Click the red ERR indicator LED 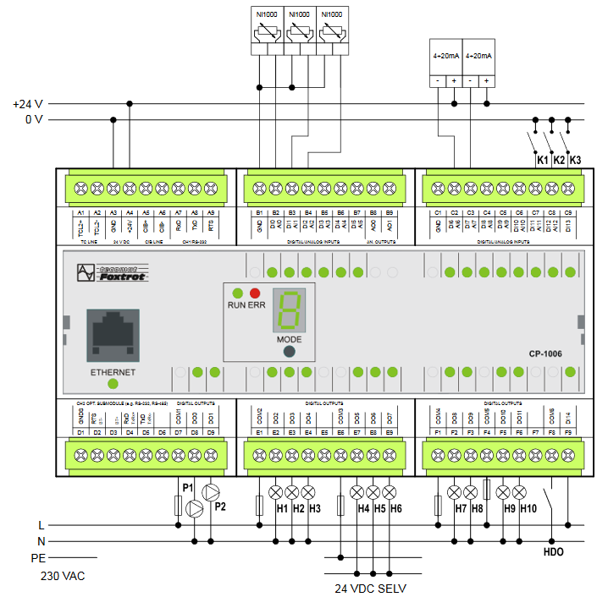click(x=254, y=293)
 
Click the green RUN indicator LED click(x=237, y=293)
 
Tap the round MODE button click(x=289, y=352)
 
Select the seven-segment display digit click(x=289, y=312)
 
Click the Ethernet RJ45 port click(x=112, y=335)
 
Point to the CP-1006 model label click(x=545, y=354)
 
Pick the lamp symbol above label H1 click(x=274, y=491)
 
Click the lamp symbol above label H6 click(x=389, y=491)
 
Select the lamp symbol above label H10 click(x=519, y=491)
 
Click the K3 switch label click(x=576, y=160)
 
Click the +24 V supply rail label click(x=28, y=104)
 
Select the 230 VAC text click(x=64, y=576)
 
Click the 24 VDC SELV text click(x=370, y=588)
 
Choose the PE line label click(x=37, y=558)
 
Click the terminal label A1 click(x=80, y=213)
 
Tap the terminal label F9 click(x=567, y=432)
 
